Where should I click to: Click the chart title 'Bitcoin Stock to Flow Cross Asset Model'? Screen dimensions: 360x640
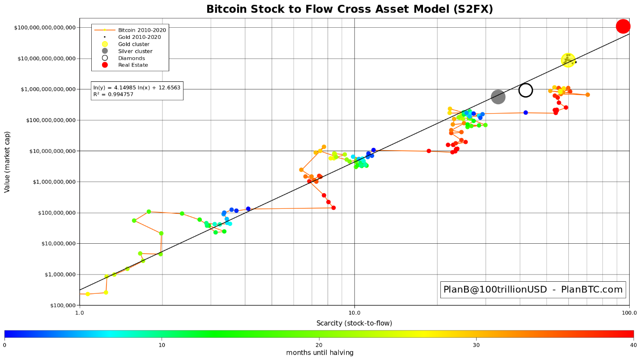pyautogui.click(x=350, y=9)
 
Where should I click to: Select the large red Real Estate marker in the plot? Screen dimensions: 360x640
pyautogui.click(x=623, y=26)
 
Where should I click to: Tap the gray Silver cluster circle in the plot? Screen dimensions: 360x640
pyautogui.click(x=498, y=97)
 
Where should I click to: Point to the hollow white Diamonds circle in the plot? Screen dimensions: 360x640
pyautogui.click(x=525, y=90)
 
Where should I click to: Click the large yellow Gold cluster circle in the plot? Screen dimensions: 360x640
pyautogui.click(x=568, y=60)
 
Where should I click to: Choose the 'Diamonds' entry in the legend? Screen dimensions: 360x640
pyautogui.click(x=132, y=58)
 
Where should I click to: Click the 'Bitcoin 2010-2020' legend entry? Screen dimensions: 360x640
pyautogui.click(x=142, y=30)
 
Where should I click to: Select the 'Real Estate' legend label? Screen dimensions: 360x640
pyautogui.click(x=133, y=65)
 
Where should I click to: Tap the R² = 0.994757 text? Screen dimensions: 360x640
pyautogui.click(x=113, y=94)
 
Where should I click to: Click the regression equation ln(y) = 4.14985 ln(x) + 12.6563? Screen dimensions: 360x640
pyautogui.click(x=137, y=88)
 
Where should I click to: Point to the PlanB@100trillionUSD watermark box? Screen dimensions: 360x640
pyautogui.click(x=533, y=290)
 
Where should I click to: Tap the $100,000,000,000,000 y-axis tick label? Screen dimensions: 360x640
pyautogui.click(x=45, y=28)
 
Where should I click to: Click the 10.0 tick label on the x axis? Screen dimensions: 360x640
pyautogui.click(x=354, y=313)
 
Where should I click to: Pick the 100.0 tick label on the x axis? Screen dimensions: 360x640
pyautogui.click(x=629, y=313)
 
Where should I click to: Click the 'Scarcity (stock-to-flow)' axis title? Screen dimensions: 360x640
pyautogui.click(x=354, y=323)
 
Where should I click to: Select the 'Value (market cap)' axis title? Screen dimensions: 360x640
pyautogui.click(x=7, y=162)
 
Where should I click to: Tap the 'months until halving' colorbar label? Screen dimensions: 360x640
pyautogui.click(x=320, y=353)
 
